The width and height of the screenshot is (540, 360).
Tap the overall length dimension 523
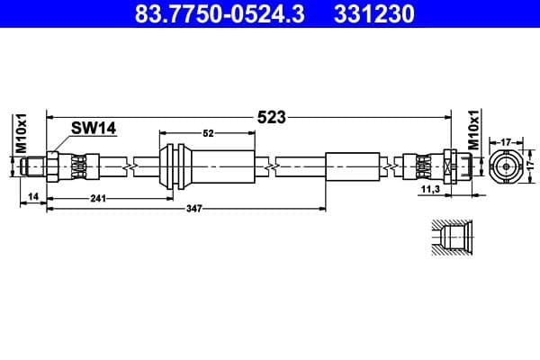271,116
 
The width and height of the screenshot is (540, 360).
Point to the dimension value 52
208,133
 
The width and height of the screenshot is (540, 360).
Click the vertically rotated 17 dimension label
530,166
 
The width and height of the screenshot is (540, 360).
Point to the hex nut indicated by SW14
52,166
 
